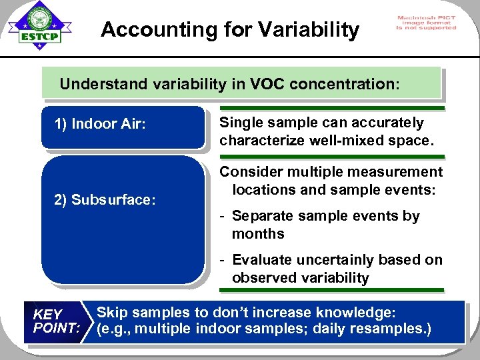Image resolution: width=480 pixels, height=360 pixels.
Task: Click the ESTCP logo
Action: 39,27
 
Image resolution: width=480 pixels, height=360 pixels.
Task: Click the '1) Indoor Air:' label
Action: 99,124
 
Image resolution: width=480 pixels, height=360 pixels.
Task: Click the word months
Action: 258,234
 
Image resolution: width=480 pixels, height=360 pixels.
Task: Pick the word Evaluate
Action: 263,260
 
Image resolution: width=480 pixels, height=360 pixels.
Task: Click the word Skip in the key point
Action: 113,313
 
